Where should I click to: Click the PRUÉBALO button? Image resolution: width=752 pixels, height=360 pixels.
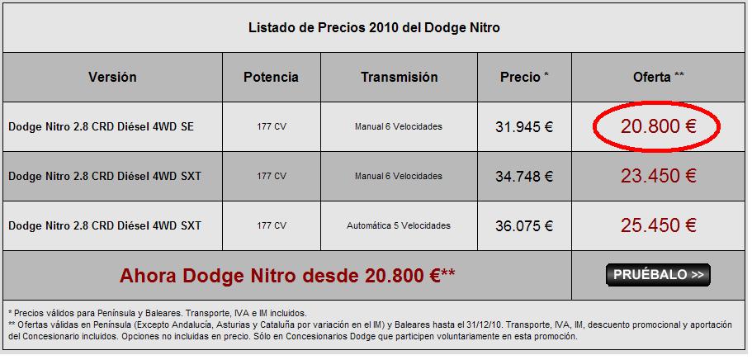click(658, 275)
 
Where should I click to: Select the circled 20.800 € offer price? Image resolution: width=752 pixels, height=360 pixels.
click(659, 126)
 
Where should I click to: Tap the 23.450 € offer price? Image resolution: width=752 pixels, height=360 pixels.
click(659, 176)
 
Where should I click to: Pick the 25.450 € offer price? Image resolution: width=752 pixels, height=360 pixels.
click(659, 225)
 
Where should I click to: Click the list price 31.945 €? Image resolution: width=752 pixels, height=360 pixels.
click(524, 127)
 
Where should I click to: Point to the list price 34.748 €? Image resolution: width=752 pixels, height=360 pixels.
click(524, 177)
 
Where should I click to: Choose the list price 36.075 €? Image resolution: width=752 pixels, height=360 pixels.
click(524, 226)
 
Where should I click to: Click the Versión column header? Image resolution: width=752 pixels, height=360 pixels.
click(112, 78)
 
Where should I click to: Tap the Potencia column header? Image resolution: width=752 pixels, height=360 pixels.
click(271, 78)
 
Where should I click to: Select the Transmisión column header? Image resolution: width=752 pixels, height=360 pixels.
click(399, 78)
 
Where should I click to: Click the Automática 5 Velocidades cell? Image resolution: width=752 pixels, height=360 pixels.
click(399, 225)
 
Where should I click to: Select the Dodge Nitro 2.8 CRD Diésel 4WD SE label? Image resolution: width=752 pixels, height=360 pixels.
click(102, 127)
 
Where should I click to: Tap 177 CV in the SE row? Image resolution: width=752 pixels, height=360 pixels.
click(271, 127)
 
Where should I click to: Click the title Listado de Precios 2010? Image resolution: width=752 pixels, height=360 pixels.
click(374, 28)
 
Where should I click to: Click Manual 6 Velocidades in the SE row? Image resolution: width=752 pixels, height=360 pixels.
click(399, 127)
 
